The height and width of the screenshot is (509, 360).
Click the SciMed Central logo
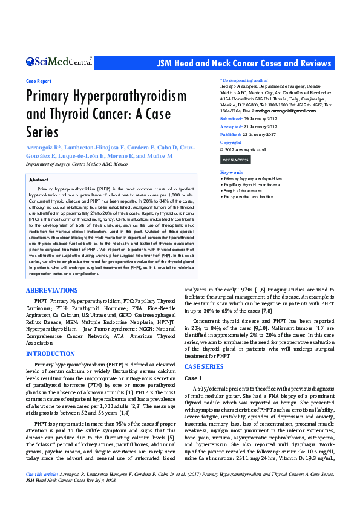(x=59, y=62)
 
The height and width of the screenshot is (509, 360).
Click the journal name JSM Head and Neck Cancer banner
(x=244, y=63)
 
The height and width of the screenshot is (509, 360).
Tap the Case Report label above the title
(x=39, y=80)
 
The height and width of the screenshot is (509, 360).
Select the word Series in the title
(x=42, y=131)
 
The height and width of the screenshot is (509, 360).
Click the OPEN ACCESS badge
(x=235, y=160)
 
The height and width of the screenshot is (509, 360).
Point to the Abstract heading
(x=39, y=180)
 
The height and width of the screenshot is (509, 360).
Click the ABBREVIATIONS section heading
(x=51, y=291)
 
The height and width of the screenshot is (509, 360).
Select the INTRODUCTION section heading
(x=50, y=354)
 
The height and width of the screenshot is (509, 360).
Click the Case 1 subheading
(x=194, y=378)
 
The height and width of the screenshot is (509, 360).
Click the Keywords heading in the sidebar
(x=231, y=172)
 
